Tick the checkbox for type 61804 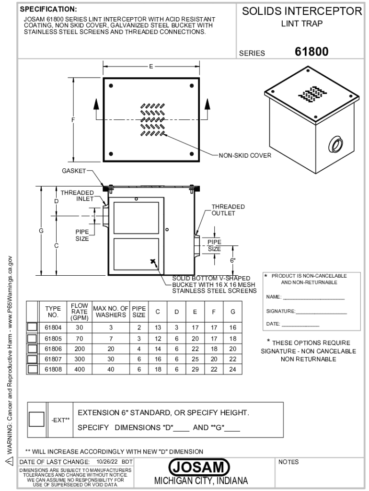pos(32,327)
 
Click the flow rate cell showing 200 pos(80,349)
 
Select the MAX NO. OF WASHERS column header pos(111,312)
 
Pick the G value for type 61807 pos(232,359)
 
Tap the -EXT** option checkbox pos(36,419)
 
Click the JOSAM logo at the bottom pos(199,467)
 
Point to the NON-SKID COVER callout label pos(245,156)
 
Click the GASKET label pos(73,171)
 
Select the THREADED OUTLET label pos(228,210)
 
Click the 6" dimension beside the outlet pos(233,260)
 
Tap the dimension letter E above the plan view pos(151,66)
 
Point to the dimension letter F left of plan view pos(73,119)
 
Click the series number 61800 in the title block pos(311,52)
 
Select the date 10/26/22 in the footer pos(107,462)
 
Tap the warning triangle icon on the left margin pos(10,461)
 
